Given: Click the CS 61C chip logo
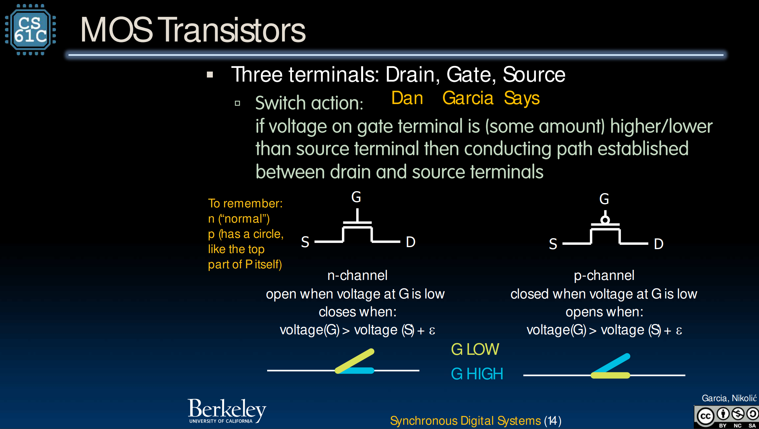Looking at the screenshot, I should (x=30, y=30).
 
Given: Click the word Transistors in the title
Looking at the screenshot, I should (x=233, y=30).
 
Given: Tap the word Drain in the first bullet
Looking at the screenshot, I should (x=409, y=75).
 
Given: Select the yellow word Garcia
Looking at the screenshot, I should (x=468, y=98).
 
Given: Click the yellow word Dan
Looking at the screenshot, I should (x=407, y=98).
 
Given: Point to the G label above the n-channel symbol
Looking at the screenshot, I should (x=356, y=197).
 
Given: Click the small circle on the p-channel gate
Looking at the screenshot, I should (x=605, y=220).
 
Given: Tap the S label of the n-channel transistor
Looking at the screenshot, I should (x=305, y=242).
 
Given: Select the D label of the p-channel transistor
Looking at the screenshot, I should (x=658, y=244).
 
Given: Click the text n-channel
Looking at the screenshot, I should (x=357, y=275).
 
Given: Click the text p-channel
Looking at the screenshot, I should (x=604, y=275).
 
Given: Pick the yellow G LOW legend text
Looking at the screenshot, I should (x=475, y=349).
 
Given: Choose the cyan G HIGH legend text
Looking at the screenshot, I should (x=477, y=374).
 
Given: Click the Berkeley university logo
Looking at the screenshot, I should (x=227, y=411).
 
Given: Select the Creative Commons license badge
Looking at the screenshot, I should (x=726, y=417).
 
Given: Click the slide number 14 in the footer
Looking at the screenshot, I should (x=552, y=421).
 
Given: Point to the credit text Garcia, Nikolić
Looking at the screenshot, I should (x=729, y=398).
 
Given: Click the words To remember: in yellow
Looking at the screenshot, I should (x=245, y=203).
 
